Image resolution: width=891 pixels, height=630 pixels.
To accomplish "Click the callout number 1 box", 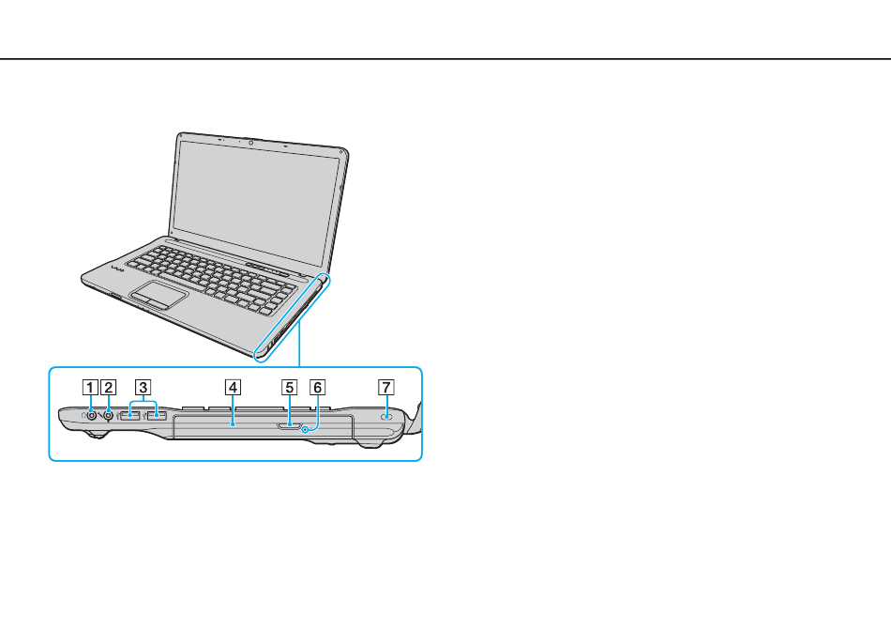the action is pyautogui.click(x=90, y=388).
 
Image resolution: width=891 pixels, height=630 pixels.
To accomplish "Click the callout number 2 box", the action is pyautogui.click(x=108, y=388).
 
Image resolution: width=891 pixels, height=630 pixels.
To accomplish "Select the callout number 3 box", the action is pyautogui.click(x=143, y=388).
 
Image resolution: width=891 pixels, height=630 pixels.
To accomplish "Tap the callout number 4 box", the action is pyautogui.click(x=233, y=388).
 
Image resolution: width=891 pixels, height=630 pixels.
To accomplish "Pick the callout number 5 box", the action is pyautogui.click(x=289, y=388).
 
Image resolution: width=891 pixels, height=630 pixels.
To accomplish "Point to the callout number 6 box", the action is pyautogui.click(x=317, y=388).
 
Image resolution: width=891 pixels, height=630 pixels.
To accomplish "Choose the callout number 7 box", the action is pyautogui.click(x=386, y=388).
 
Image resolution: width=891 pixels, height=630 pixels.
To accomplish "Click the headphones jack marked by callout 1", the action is pyautogui.click(x=90, y=416).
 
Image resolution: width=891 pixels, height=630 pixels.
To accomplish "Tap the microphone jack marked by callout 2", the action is pyautogui.click(x=108, y=416).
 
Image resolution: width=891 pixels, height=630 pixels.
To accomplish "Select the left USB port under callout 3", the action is pyautogui.click(x=130, y=416).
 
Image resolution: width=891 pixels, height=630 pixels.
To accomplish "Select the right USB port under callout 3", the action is pyautogui.click(x=157, y=416).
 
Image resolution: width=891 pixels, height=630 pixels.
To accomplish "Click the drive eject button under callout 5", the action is pyautogui.click(x=290, y=424).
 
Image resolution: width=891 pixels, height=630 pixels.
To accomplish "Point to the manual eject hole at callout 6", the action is pyautogui.click(x=306, y=430).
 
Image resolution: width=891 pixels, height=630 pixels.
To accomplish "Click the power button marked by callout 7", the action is pyautogui.click(x=387, y=417).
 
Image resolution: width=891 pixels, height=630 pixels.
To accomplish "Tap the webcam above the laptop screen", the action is pyautogui.click(x=250, y=142).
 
